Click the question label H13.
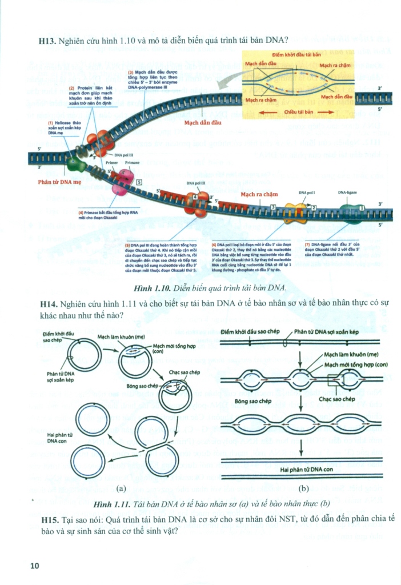click(x=47, y=41)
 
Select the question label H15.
click(x=50, y=518)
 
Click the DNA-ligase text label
click(x=347, y=193)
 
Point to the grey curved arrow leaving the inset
click(x=226, y=86)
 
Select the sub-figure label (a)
click(x=121, y=488)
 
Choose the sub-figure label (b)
click(x=303, y=488)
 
